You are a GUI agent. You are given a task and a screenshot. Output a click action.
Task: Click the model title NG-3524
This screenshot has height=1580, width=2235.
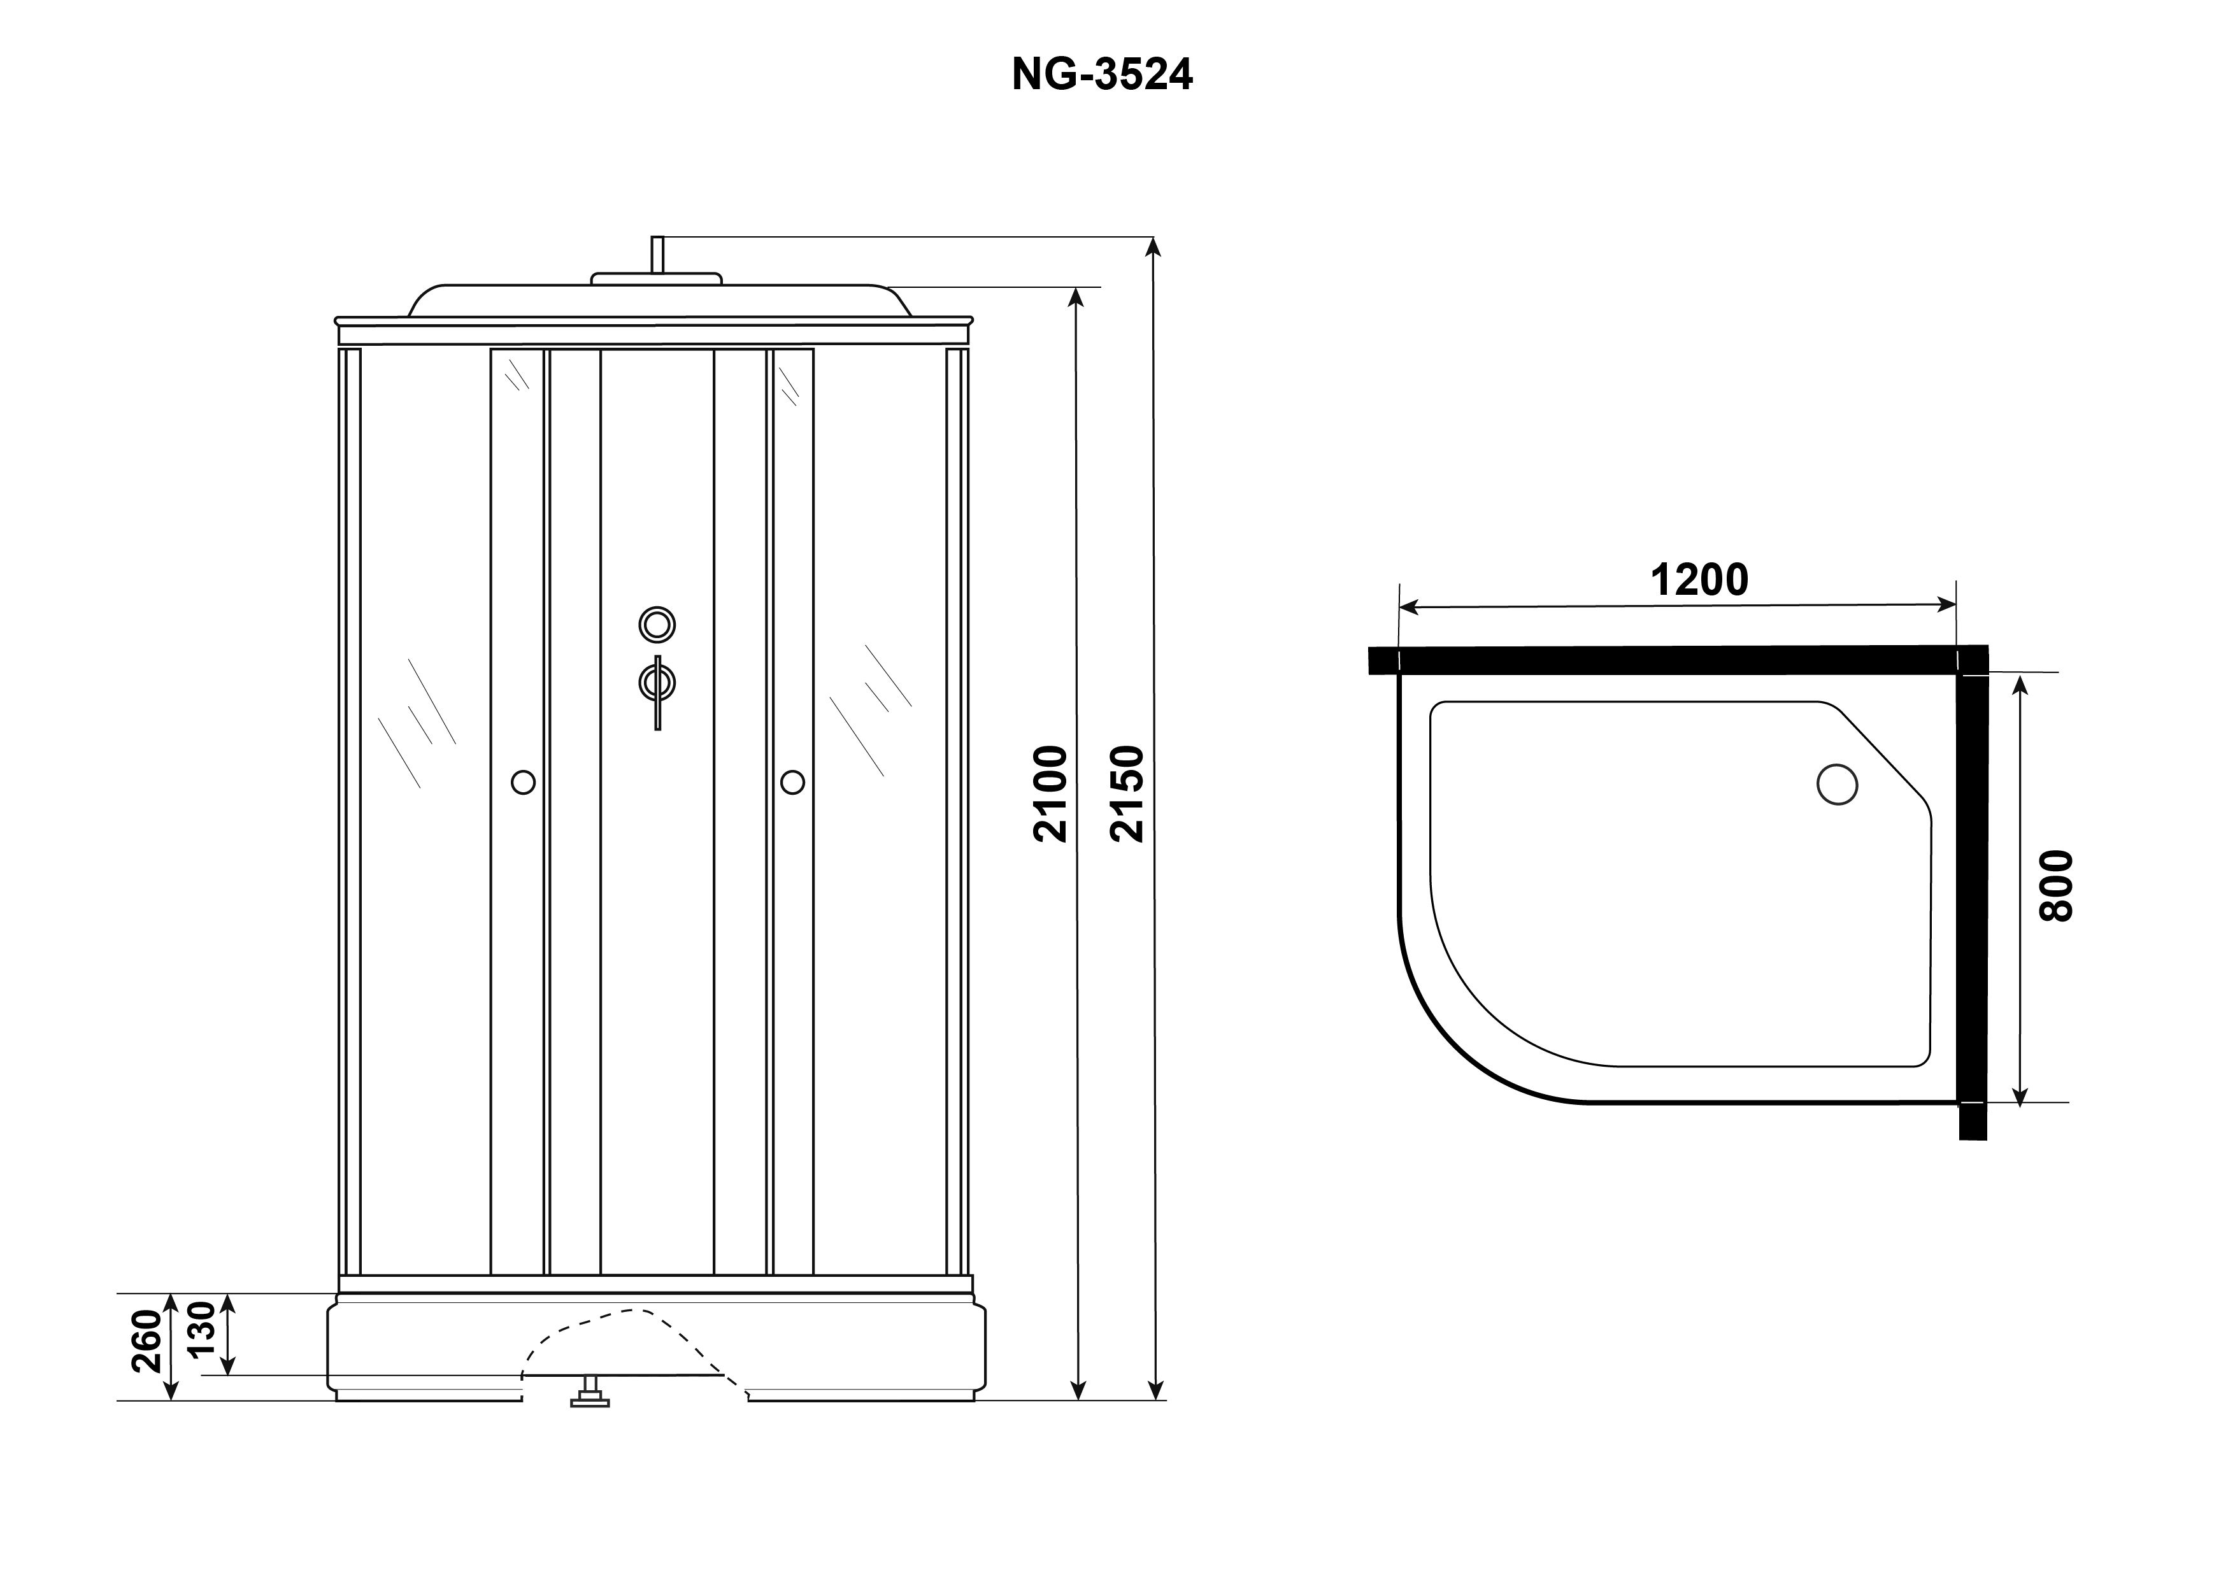[1102, 74]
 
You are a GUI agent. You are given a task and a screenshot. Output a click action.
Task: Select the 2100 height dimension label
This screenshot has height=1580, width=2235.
[1052, 794]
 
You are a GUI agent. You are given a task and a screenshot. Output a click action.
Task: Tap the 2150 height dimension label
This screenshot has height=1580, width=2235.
[1127, 794]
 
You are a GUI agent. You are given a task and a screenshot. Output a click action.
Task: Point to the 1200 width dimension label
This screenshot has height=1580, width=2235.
[1699, 580]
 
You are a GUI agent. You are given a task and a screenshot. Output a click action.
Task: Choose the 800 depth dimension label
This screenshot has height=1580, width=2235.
[2057, 886]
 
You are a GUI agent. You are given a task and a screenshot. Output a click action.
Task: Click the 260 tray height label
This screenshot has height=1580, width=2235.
[147, 1341]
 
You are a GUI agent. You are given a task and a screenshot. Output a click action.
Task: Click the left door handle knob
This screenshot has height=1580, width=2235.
[523, 782]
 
